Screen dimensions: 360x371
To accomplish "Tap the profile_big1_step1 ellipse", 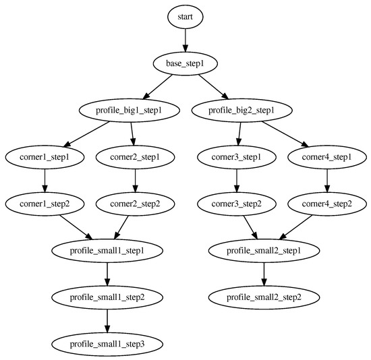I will [131, 109].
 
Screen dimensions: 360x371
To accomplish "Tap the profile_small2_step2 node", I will [263, 297].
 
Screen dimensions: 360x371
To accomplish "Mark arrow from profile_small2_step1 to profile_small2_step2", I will [263, 274].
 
